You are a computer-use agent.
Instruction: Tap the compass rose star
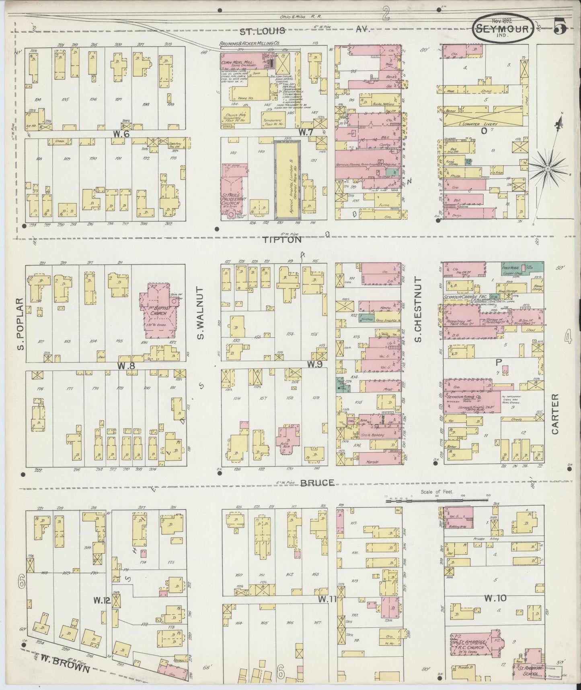tap(548, 167)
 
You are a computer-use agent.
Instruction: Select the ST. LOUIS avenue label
tap(262, 31)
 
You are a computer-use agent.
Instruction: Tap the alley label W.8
tap(124, 366)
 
